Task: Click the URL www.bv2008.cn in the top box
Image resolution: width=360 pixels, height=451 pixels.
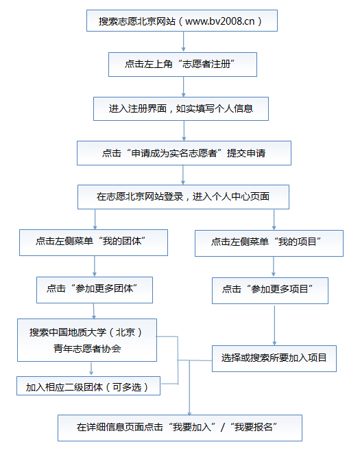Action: pos(220,21)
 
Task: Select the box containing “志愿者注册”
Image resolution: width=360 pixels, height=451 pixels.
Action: pos(182,65)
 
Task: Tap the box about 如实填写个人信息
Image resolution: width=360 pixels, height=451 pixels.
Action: pos(181,108)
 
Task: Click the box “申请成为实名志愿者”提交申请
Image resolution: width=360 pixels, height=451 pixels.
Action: pos(184,153)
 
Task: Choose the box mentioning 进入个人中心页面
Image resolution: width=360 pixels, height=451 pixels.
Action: pos(183,197)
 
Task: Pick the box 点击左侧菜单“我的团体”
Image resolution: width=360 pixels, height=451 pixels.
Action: pos(94,242)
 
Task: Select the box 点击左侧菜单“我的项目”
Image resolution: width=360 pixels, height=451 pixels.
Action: pos(269,243)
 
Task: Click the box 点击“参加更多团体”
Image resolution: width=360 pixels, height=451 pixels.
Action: pos(95,290)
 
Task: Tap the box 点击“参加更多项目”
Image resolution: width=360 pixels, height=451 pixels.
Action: pos(270,290)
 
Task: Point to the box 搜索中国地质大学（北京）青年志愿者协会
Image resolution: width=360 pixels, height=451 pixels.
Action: pos(87,340)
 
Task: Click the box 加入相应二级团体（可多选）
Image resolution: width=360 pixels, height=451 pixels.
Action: pos(88,386)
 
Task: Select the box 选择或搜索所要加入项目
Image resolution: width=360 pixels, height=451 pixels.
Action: pos(274,358)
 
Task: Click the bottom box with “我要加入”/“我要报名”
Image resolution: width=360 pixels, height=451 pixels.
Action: pos(180,428)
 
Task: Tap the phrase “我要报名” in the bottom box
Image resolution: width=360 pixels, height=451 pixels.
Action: pos(254,427)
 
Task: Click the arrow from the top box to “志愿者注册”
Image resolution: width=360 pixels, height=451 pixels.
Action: pos(183,42)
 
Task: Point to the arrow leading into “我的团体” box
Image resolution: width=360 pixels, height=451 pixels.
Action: pos(95,220)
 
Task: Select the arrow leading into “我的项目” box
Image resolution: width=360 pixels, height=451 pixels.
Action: pos(274,220)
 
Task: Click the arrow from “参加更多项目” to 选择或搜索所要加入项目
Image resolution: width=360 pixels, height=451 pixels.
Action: pos(274,325)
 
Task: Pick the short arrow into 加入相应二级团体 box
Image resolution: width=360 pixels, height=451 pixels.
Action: pos(91,369)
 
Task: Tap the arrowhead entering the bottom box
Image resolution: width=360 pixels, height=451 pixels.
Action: pos(189,413)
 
